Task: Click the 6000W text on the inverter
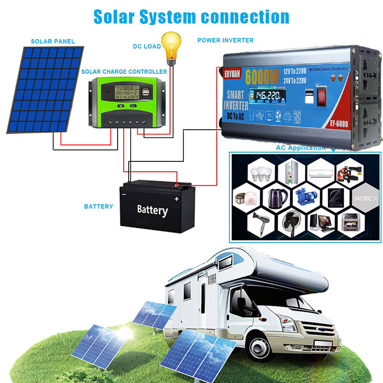pyautogui.click(x=262, y=75)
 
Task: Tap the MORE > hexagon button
pyautogui.click(x=365, y=198)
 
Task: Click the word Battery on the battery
pyautogui.click(x=152, y=210)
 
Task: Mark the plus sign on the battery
pyautogui.click(x=176, y=199)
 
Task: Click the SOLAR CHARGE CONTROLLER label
pyautogui.click(x=124, y=72)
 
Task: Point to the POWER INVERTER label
pyautogui.click(x=225, y=40)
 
